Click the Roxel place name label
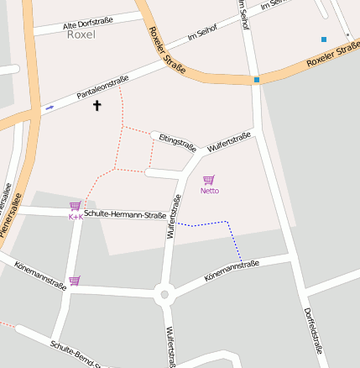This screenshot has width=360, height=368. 81,35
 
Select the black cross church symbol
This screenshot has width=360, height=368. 97,106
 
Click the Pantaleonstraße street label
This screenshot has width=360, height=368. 102,88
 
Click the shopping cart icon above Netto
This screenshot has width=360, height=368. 209,180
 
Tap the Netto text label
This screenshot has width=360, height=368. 209,191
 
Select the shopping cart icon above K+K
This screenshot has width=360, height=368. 75,206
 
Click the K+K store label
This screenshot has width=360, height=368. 75,217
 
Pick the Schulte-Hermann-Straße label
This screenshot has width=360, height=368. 125,214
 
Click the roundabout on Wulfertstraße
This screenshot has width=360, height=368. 164,294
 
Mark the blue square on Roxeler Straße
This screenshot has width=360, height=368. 256,80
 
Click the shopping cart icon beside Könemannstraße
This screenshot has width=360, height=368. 75,281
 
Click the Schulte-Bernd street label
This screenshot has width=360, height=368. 76,355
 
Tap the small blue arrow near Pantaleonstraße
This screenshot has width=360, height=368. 50,108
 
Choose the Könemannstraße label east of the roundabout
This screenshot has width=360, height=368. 231,271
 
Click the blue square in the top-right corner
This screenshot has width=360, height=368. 323,39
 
